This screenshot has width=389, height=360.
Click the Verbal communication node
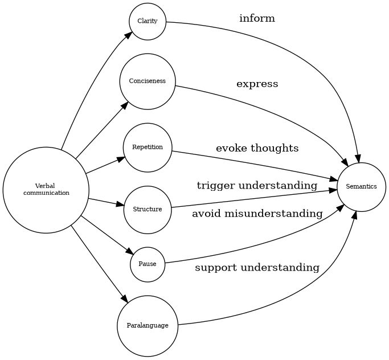click(x=46, y=190)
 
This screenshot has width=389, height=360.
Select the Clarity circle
click(x=148, y=22)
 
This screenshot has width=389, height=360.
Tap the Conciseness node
click(x=148, y=81)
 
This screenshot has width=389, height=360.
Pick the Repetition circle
click(x=148, y=148)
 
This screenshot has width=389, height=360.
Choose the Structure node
click(x=148, y=210)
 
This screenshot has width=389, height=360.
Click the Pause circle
click(x=148, y=264)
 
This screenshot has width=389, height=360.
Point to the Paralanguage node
click(x=148, y=326)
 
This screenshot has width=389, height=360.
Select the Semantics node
click(x=362, y=187)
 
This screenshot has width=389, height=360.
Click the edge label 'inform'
click(x=257, y=19)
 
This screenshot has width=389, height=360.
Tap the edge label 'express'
click(x=257, y=84)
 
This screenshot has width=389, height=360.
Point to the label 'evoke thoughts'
click(x=257, y=149)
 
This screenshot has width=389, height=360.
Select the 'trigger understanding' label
click(x=257, y=186)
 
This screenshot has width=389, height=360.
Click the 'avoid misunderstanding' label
click(x=257, y=214)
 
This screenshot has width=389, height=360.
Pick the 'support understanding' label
click(x=257, y=268)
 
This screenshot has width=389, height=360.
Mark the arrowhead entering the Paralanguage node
click(x=124, y=298)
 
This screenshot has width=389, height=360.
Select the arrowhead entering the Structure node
click(x=120, y=204)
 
